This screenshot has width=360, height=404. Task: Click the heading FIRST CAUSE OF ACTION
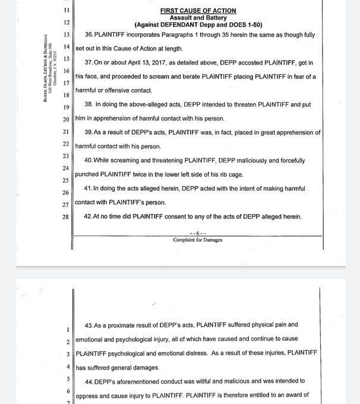click(x=198, y=11)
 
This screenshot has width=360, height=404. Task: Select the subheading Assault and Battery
click(x=198, y=18)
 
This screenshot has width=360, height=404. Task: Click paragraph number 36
click(x=90, y=34)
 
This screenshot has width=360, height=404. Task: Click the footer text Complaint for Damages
click(x=198, y=240)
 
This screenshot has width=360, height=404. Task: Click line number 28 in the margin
click(x=65, y=216)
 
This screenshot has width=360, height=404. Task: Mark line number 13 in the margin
click(x=65, y=34)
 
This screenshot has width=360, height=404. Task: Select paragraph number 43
click(x=90, y=325)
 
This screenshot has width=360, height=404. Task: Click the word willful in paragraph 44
click(x=225, y=381)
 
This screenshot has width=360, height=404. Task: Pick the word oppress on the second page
click(x=87, y=395)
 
